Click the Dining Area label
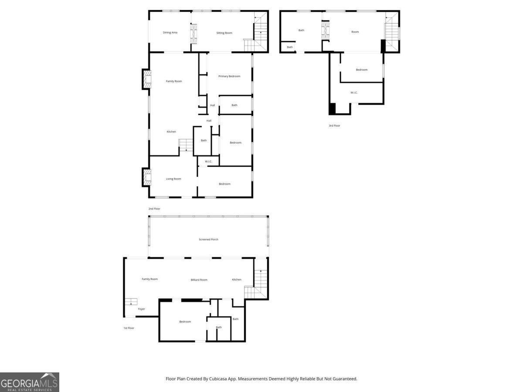170,33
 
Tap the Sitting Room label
224,33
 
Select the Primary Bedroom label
229,76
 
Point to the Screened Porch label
208,239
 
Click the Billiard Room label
199,280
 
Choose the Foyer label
141,309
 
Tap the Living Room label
173,179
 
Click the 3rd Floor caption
334,125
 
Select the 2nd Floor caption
154,209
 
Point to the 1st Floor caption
129,328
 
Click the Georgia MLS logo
30,382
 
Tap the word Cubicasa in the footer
218,378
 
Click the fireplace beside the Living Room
147,177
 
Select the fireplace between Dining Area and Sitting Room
194,34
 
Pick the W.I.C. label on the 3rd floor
354,93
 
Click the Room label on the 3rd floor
355,32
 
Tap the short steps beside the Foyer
131,301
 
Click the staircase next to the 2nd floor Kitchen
186,145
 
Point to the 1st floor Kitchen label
237,280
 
